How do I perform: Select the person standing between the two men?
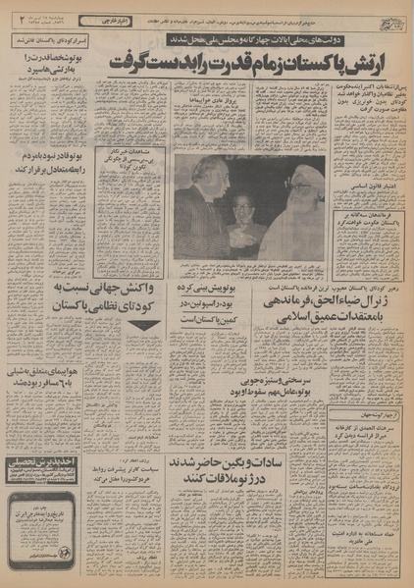click(x=236, y=211)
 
